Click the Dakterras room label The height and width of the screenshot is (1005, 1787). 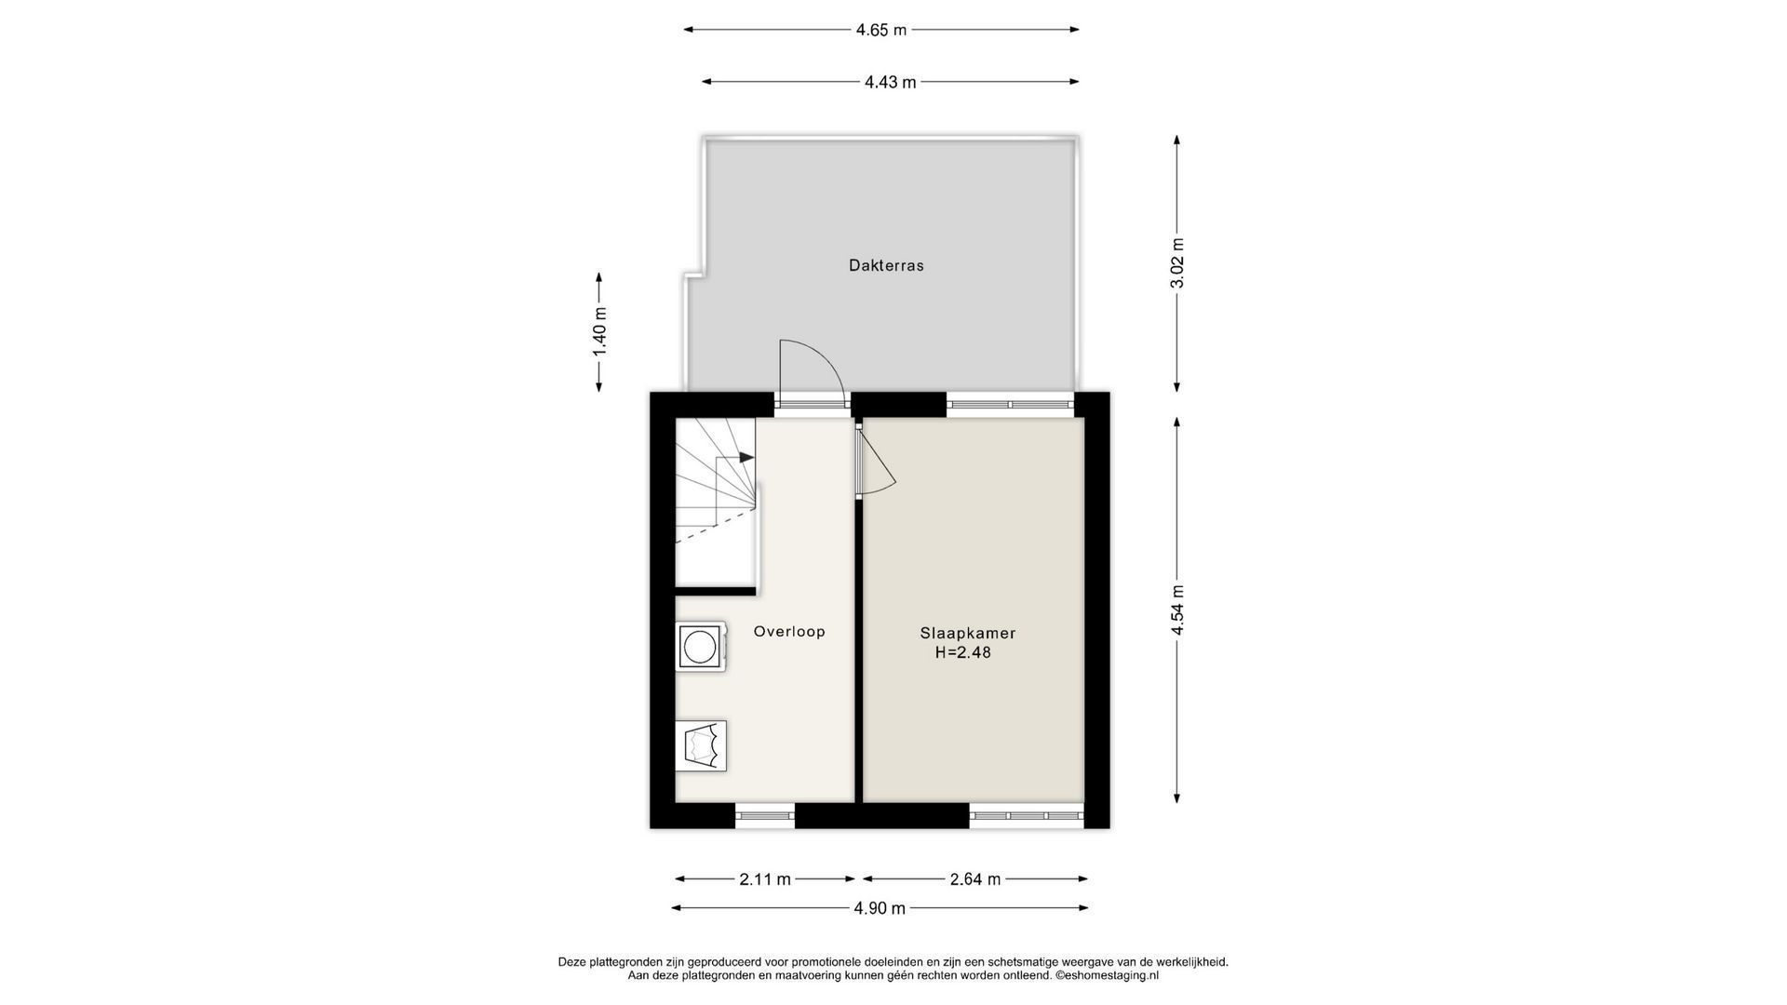point(886,265)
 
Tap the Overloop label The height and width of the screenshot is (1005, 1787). point(789,631)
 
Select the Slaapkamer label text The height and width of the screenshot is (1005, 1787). point(968,633)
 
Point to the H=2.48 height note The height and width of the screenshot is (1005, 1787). point(963,652)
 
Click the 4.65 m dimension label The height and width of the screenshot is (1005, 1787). point(881,30)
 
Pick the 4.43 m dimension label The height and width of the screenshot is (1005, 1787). point(891,82)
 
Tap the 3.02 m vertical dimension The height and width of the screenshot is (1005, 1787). point(1177,263)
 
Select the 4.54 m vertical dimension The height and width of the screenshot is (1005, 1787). point(1177,610)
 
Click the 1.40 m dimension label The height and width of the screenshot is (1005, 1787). point(599,332)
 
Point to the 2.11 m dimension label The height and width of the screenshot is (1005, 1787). point(765,878)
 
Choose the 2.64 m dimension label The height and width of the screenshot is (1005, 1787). point(975,878)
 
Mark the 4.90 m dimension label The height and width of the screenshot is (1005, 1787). point(880,908)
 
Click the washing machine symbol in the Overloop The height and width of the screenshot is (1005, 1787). point(700,646)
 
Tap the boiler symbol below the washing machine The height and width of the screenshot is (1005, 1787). point(702,744)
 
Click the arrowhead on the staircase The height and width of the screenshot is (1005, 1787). point(746,457)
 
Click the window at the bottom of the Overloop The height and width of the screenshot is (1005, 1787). point(765,816)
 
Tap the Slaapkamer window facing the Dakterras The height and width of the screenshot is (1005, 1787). point(1011,404)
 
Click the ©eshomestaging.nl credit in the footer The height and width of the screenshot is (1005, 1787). point(1107,976)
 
